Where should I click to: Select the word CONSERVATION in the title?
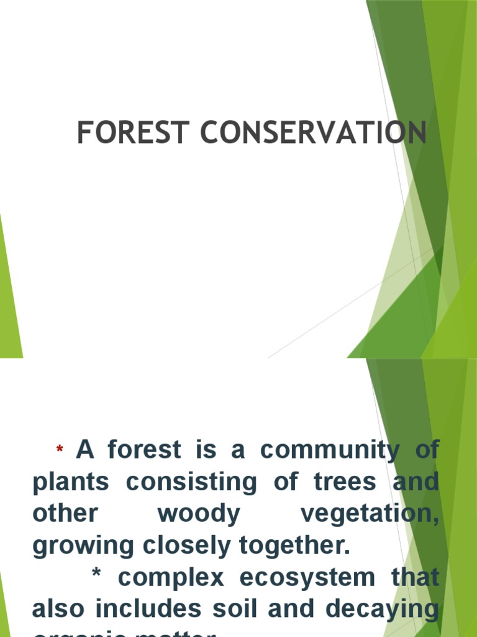313,133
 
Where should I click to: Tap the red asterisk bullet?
60,450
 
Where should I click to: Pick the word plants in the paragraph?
71,482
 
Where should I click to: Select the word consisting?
190,482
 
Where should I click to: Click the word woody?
199,514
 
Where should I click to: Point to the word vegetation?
369,514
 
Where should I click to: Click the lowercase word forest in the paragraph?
145,450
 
